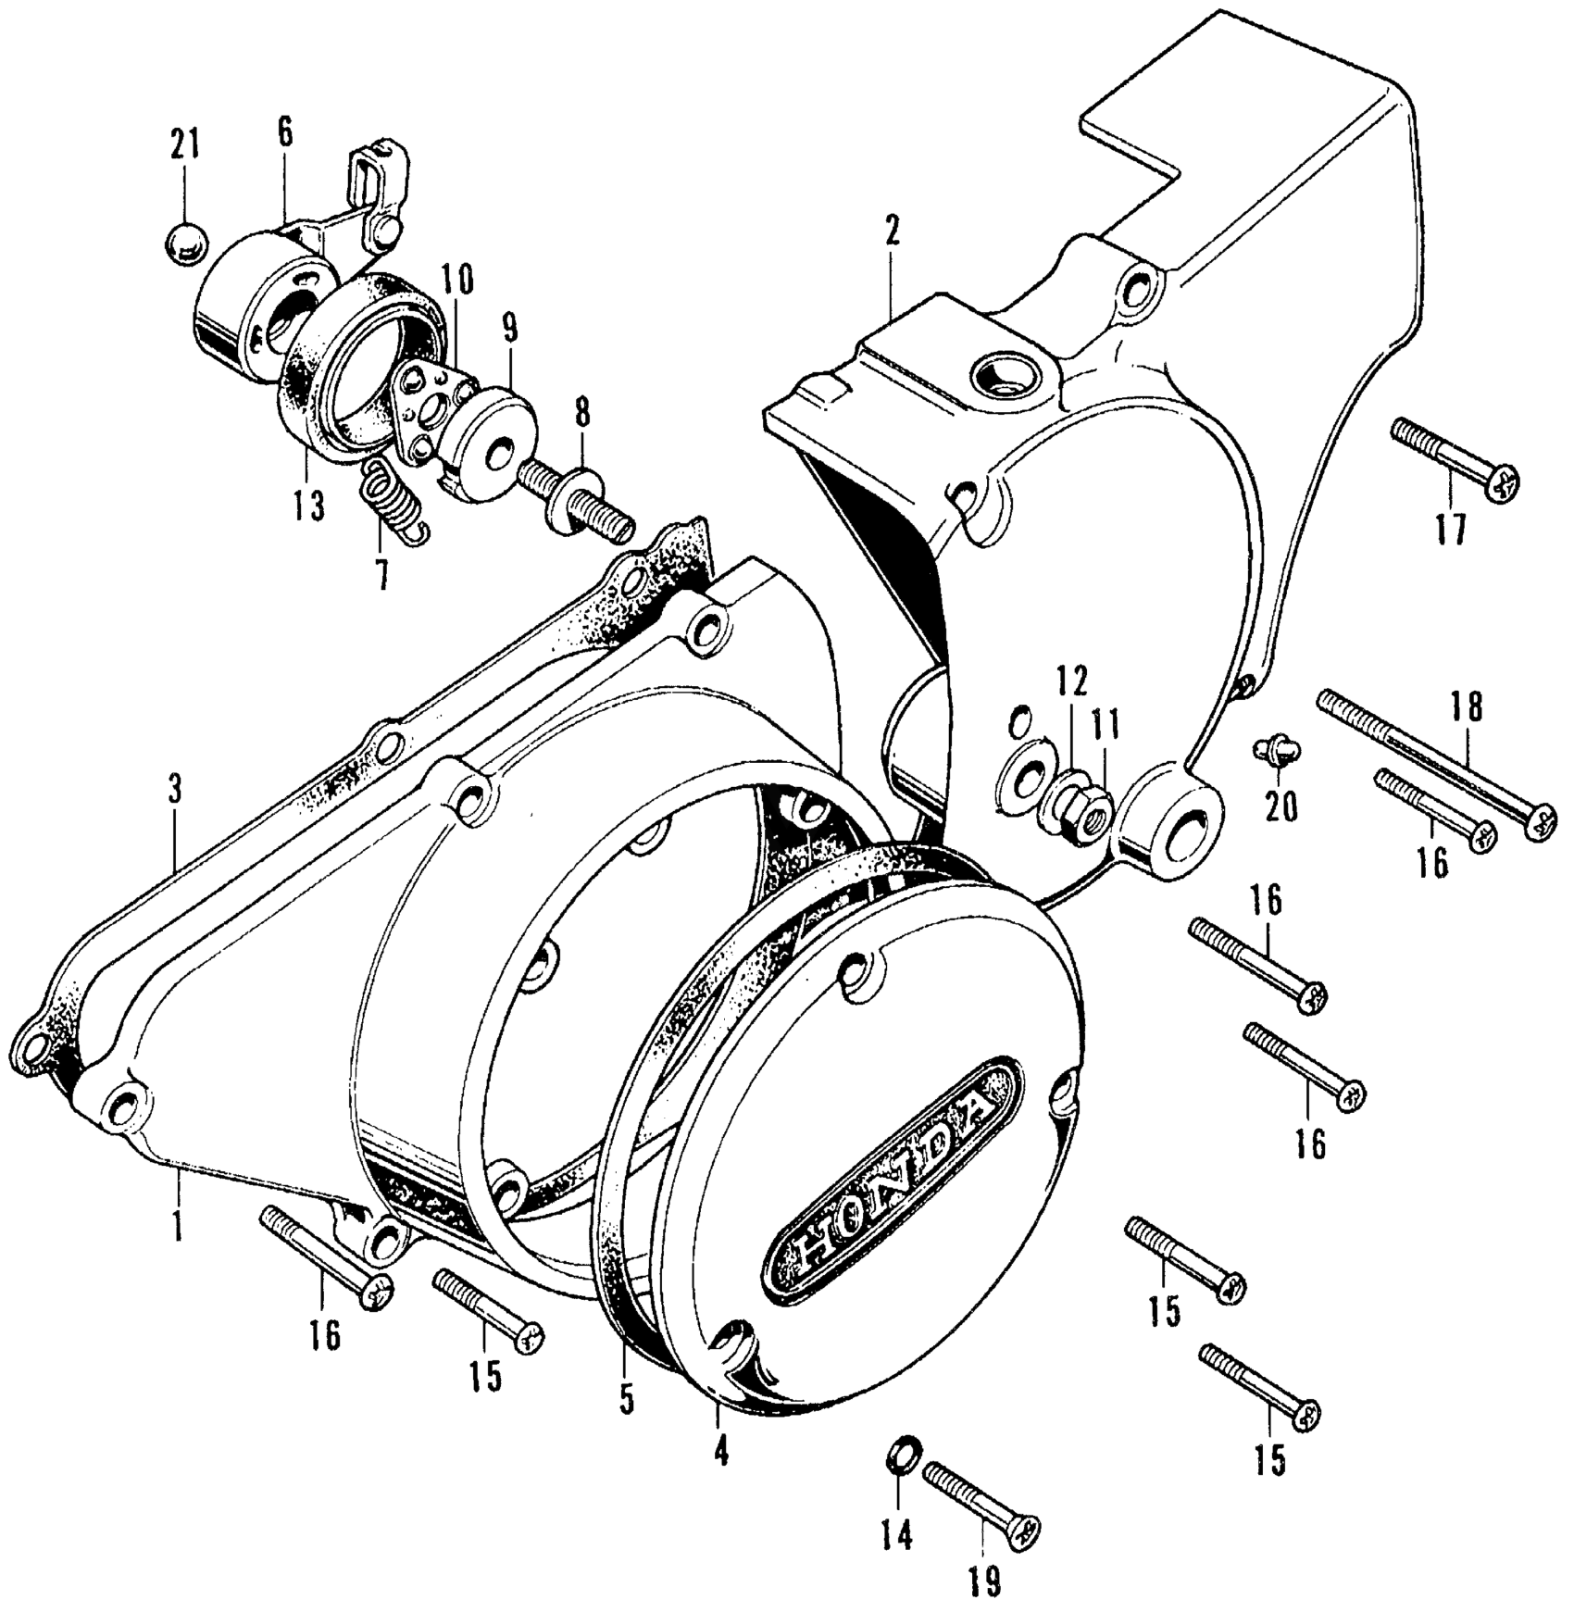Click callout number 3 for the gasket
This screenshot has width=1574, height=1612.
pos(174,793)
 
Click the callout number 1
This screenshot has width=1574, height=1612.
pos(176,1220)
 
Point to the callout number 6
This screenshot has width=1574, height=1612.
pos(284,132)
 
